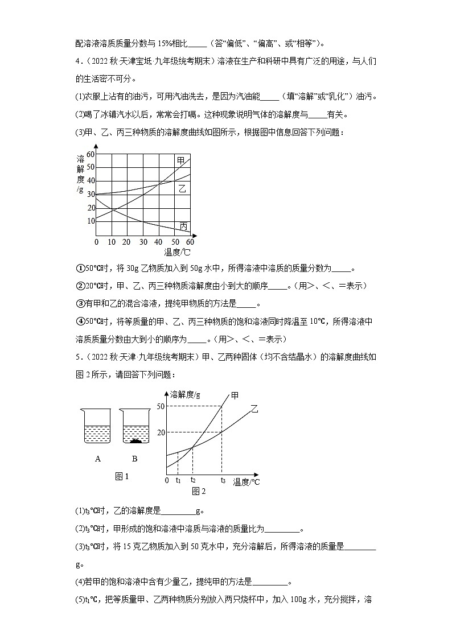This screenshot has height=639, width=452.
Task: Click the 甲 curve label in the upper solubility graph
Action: (181, 162)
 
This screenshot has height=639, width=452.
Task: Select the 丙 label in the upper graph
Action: (183, 226)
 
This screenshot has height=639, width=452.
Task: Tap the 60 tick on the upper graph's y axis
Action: (91, 155)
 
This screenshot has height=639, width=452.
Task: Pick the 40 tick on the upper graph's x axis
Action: (158, 242)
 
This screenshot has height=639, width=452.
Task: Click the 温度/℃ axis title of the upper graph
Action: (177, 252)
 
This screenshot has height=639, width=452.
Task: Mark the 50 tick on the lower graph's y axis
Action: (161, 406)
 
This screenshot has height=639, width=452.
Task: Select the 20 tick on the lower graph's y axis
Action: (161, 432)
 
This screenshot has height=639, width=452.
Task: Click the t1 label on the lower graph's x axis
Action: (178, 480)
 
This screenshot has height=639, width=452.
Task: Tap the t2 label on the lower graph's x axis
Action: (192, 480)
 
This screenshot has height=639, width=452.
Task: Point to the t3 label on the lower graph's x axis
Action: (222, 480)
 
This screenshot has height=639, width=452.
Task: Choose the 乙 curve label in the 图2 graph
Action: (254, 409)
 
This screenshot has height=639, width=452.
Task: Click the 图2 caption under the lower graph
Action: (198, 490)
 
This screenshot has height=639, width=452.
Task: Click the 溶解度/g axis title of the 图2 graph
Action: (186, 394)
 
